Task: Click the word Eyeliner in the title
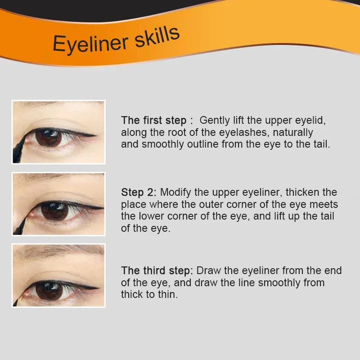tap(90, 43)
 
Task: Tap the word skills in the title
tap(157, 37)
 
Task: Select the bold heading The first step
tap(154, 121)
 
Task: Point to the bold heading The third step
tap(156, 271)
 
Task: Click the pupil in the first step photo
tap(49, 137)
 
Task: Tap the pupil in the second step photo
tap(54, 211)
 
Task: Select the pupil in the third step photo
tap(49, 291)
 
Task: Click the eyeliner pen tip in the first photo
tap(25, 138)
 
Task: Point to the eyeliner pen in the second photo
tap(21, 226)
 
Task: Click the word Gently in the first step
tap(215, 121)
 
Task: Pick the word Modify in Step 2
tap(175, 193)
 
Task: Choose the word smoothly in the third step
tap(279, 283)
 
